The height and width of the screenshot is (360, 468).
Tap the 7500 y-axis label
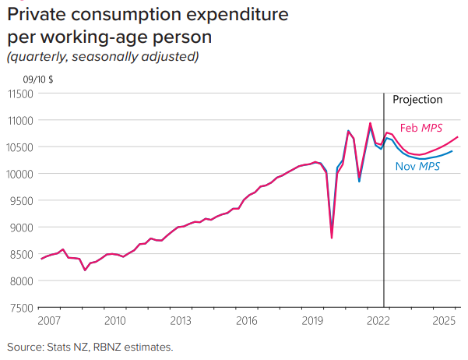pyautogui.click(x=21, y=308)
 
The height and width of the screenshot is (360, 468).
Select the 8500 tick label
pyautogui.click(x=21, y=254)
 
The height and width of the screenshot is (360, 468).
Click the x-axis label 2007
pyautogui.click(x=48, y=321)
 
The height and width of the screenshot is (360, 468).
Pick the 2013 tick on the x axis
pyautogui.click(x=181, y=321)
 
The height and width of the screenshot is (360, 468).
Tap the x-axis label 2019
pyautogui.click(x=312, y=321)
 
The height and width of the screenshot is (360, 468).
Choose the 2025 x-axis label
pyautogui.click(x=445, y=321)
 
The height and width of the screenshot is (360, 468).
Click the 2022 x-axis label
pyautogui.click(x=378, y=321)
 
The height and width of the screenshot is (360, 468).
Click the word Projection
pyautogui.click(x=417, y=100)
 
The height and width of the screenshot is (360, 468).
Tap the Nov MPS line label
pyautogui.click(x=417, y=166)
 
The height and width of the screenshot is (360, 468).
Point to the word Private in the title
pyautogui.click(x=34, y=16)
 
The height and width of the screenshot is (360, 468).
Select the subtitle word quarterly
pyautogui.click(x=39, y=56)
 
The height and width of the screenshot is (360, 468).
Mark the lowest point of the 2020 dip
pyautogui.click(x=332, y=238)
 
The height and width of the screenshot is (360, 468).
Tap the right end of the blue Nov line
pyautogui.click(x=452, y=151)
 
